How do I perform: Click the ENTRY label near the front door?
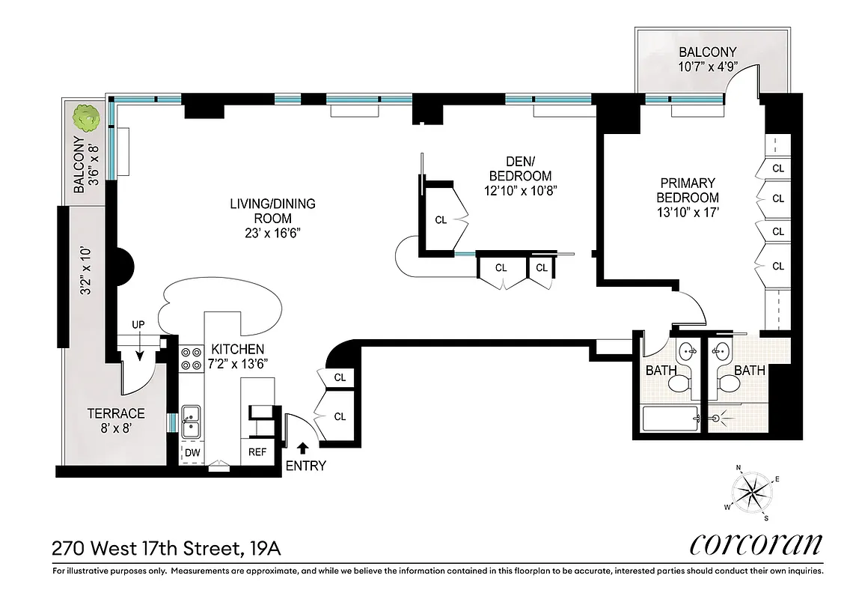tap(306, 466)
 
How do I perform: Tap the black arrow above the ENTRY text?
tap(302, 449)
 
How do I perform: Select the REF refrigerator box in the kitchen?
tap(257, 451)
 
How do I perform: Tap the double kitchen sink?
tap(191, 421)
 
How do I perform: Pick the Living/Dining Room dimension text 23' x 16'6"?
tap(272, 233)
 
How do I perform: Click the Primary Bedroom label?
tap(687, 190)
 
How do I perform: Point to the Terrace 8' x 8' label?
tap(116, 421)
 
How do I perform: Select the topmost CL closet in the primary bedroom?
tap(777, 168)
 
